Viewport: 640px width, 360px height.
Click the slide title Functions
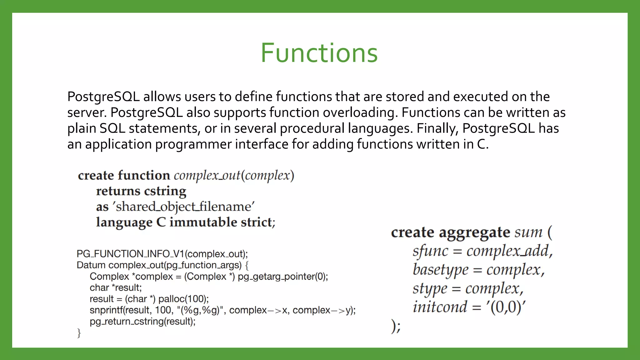[319, 53]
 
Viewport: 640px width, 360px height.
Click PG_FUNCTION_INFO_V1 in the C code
[130, 254]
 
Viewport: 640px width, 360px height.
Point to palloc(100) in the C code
[183, 299]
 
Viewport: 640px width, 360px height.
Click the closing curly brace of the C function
[79, 333]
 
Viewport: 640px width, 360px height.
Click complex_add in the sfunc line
[507, 251]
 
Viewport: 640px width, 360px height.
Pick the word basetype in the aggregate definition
[441, 270]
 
